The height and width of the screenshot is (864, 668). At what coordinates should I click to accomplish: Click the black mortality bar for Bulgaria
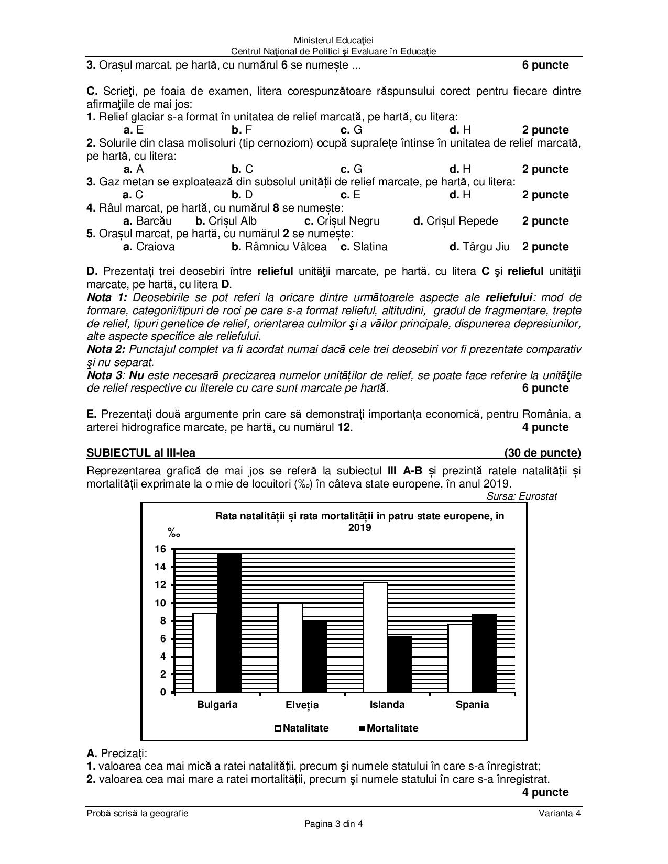(x=229, y=623)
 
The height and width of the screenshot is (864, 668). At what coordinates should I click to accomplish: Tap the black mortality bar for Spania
(x=484, y=652)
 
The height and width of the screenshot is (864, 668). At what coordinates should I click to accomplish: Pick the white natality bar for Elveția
(x=290, y=647)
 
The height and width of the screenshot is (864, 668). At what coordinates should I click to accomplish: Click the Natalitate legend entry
(x=302, y=728)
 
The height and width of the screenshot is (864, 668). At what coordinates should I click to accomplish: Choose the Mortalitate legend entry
(x=388, y=728)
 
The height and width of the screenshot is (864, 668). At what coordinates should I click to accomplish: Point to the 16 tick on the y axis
(x=160, y=549)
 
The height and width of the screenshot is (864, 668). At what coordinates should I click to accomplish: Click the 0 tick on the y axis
(x=163, y=692)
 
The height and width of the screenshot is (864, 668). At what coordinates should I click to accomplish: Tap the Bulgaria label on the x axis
(x=217, y=704)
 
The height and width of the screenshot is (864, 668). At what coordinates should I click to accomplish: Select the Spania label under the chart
(x=472, y=704)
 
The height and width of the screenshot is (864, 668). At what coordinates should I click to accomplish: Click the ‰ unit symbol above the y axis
(x=173, y=534)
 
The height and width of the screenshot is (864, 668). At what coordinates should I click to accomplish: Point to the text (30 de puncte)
(x=542, y=453)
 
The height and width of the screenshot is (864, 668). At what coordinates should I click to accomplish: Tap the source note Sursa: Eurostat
(x=521, y=496)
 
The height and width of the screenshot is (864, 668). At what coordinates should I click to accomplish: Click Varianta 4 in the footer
(x=560, y=813)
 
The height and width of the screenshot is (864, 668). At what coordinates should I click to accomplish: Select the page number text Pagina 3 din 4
(x=334, y=824)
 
